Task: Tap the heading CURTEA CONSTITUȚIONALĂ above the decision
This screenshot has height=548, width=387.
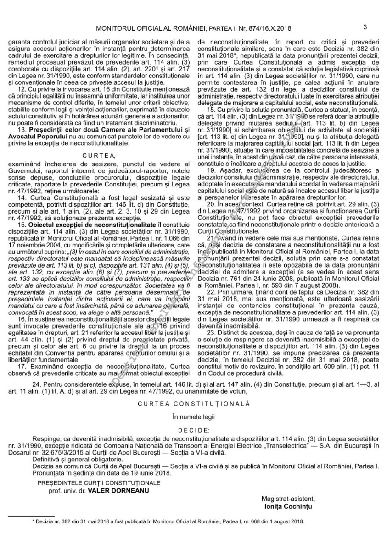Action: tap(193, 405)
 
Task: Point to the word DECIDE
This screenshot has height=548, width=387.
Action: tap(193, 430)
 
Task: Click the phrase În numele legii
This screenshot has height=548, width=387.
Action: tap(193, 417)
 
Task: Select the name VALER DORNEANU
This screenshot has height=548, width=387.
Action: tap(120, 490)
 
